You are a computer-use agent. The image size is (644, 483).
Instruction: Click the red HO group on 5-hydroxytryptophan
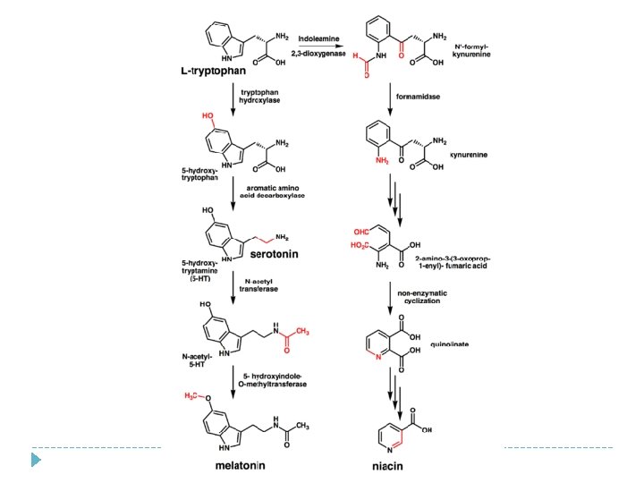[x=208, y=116]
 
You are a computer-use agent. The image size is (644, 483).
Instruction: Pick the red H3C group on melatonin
[x=192, y=394]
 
